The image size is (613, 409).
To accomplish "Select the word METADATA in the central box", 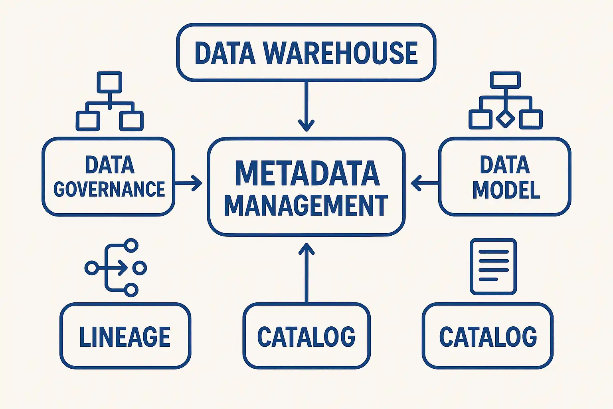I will pyautogui.click(x=307, y=174).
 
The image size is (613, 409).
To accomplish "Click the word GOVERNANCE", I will pyautogui.click(x=109, y=189).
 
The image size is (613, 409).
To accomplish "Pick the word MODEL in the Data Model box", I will pyautogui.click(x=506, y=190).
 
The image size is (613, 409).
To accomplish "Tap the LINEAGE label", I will pyautogui.click(x=125, y=337).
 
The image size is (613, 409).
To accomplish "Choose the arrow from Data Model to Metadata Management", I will pyautogui.click(x=425, y=183).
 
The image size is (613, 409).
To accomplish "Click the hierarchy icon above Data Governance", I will pyautogui.click(x=110, y=101).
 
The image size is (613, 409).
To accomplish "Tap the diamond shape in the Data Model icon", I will pyautogui.click(x=505, y=119).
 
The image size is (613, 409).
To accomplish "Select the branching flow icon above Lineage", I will pyautogui.click(x=116, y=268).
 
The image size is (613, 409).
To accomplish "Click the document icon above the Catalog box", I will pyautogui.click(x=493, y=266).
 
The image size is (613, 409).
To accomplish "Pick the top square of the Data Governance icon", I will pyautogui.click(x=110, y=82).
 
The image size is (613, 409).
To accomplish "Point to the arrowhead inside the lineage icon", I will pyautogui.click(x=122, y=268).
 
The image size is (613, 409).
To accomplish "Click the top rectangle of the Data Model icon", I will pyautogui.click(x=505, y=80).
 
